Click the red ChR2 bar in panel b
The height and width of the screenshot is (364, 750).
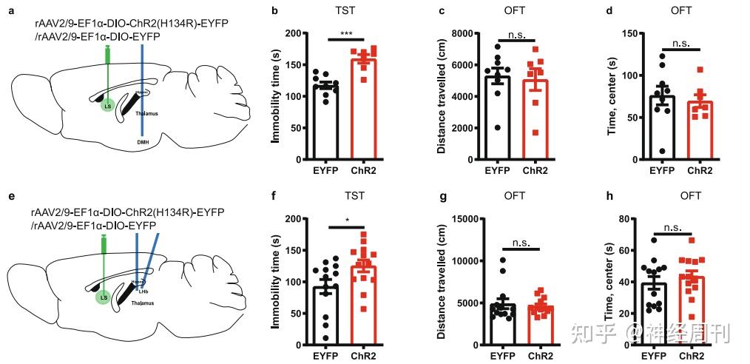tap(362, 111)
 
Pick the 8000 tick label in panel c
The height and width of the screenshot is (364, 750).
tap(461, 34)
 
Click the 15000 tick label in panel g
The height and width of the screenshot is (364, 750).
tap(459, 219)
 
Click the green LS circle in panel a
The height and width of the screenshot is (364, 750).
tap(108, 106)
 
